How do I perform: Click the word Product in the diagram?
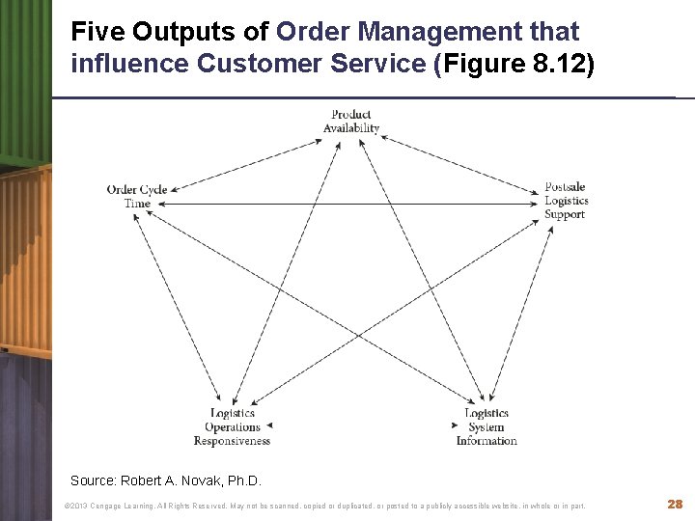(x=351, y=115)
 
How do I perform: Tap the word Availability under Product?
(x=351, y=128)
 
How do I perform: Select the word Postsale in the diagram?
(x=565, y=187)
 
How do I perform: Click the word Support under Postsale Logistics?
(x=565, y=214)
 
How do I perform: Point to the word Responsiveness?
(x=232, y=441)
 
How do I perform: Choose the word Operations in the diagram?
(x=233, y=426)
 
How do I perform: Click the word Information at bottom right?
(x=486, y=441)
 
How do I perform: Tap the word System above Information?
(x=486, y=426)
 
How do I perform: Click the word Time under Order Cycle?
(x=137, y=204)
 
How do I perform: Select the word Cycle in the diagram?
(x=153, y=190)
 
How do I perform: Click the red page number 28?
(x=675, y=505)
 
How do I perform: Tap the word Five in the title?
(x=98, y=32)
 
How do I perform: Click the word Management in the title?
(x=439, y=32)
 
